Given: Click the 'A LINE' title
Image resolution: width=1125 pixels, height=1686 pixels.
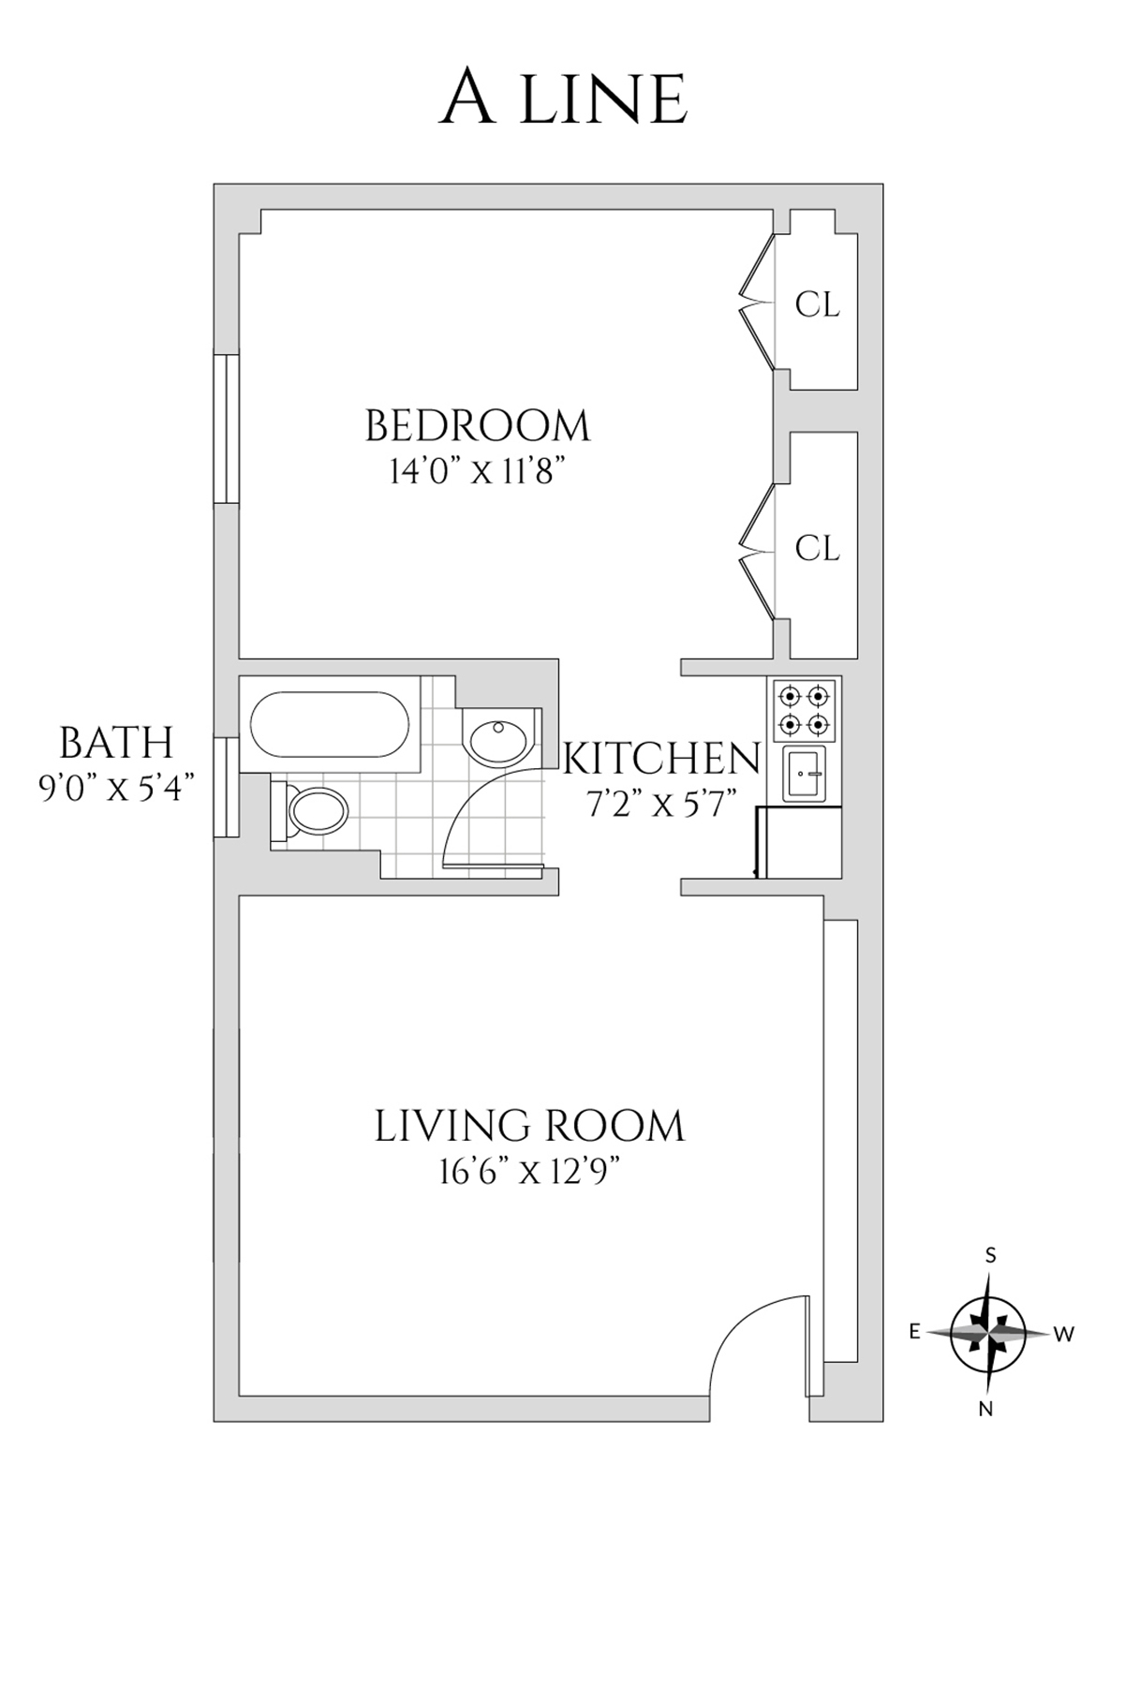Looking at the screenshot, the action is coord(564,98).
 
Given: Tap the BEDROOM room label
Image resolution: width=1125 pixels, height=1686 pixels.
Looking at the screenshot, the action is coord(478,426).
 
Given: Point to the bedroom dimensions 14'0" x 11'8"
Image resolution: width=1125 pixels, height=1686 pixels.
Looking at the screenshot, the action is coord(481,471).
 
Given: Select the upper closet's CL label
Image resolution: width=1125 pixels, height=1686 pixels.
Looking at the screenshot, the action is coord(817,305).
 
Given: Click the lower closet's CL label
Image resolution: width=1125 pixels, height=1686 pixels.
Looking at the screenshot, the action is coord(817,548).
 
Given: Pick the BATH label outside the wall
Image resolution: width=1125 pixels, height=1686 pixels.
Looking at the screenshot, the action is coord(116,743).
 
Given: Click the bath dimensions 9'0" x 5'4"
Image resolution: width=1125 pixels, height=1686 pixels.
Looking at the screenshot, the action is coord(116,788).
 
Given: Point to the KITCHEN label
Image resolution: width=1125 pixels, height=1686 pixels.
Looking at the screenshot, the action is coord(661,758).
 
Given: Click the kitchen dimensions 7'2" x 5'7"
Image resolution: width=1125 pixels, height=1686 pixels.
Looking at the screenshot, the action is coord(661,804).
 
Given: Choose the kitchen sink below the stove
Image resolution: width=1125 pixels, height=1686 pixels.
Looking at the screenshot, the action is coord(805,776).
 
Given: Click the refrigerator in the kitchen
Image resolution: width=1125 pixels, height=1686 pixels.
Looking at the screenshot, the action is coord(799,842).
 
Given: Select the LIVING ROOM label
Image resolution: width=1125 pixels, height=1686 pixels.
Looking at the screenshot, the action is coord(530,1126).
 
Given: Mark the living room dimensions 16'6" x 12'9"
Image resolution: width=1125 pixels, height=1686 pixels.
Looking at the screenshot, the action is coord(530,1172).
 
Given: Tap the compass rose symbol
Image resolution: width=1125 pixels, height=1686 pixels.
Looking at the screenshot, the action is coord(989,1332).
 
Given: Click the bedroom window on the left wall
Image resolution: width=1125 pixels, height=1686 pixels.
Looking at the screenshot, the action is coord(227,429).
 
